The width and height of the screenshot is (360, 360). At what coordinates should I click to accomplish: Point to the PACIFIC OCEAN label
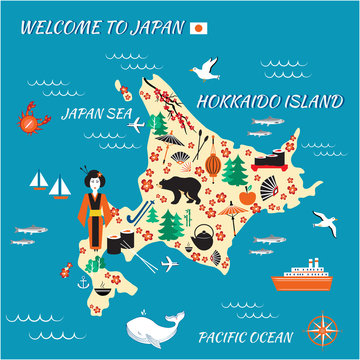click(245, 337)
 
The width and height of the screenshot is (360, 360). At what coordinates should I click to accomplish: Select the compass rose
click(322, 329)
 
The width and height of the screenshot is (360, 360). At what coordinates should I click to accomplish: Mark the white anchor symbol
click(84, 285)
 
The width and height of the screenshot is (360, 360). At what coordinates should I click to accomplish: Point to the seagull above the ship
click(324, 221)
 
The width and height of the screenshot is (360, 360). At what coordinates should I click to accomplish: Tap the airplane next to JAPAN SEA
click(159, 124)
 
